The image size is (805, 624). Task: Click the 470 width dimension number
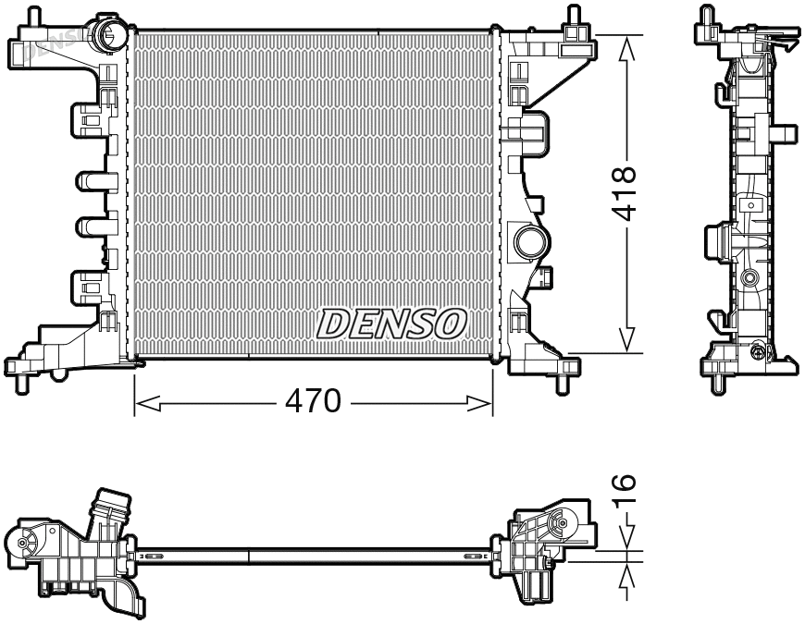(x=314, y=401)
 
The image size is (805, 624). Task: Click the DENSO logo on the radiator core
(x=390, y=324)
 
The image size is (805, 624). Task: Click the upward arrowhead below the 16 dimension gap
(x=628, y=572)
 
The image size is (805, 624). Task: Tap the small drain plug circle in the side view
(x=759, y=351)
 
